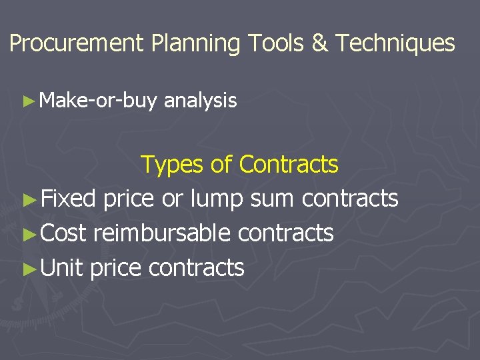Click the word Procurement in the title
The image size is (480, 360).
(77, 44)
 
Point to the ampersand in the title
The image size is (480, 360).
(320, 44)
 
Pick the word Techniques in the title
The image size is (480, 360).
(395, 44)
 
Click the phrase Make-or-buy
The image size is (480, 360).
(98, 101)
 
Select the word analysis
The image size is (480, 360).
(200, 101)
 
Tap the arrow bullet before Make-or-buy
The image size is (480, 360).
(27, 101)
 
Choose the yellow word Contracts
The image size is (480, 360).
(289, 164)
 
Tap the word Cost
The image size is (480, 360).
(65, 233)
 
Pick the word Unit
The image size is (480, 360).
(62, 268)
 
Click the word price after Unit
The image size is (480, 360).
(115, 268)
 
